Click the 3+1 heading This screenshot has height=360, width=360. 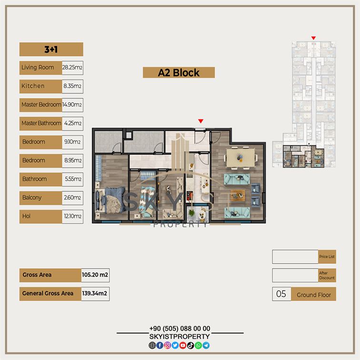[x=51, y=50]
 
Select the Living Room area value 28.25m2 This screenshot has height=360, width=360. [x=72, y=68]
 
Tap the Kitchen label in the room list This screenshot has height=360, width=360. [x=33, y=86]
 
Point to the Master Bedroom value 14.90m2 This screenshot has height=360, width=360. [x=72, y=105]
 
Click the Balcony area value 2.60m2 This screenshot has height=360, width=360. [x=72, y=198]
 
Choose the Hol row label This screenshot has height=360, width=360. [x=26, y=216]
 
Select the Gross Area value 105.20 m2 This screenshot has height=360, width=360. [x=95, y=275]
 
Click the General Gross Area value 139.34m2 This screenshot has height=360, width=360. [x=95, y=293]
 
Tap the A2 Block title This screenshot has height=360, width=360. [x=179, y=73]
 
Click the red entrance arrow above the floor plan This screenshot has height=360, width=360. [x=200, y=121]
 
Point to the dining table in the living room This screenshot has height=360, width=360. [x=240, y=158]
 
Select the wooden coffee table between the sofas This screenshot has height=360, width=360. [x=238, y=195]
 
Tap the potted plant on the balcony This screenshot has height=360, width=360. [x=191, y=212]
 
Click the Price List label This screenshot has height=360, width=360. [x=327, y=257]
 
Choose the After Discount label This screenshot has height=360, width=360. [x=327, y=275]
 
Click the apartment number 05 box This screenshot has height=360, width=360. [x=281, y=294]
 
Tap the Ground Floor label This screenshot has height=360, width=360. [x=314, y=295]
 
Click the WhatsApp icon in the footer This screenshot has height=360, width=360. [x=198, y=345]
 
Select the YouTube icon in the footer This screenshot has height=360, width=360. [x=183, y=345]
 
